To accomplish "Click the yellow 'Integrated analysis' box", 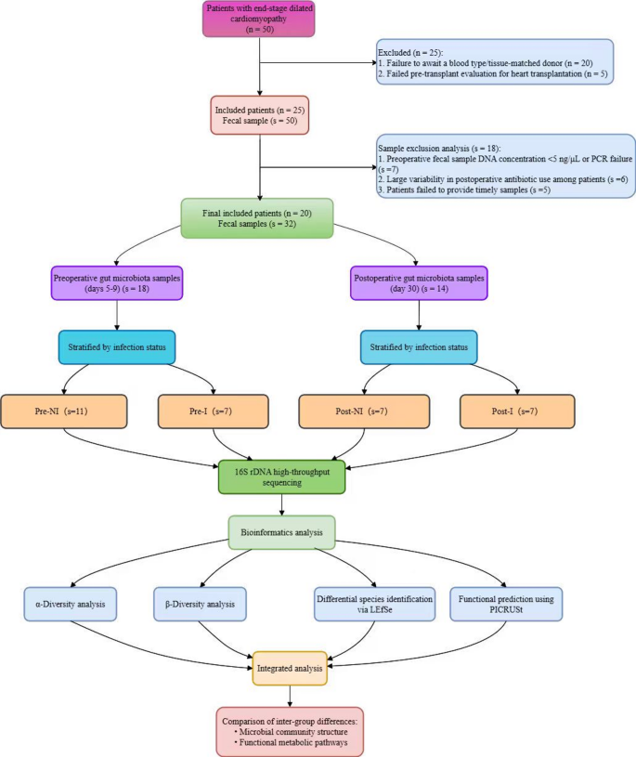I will point(291,668).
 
